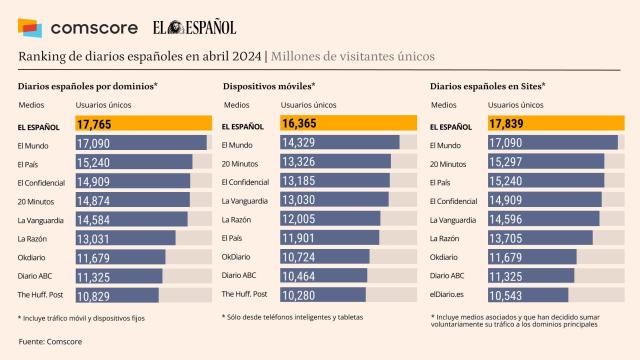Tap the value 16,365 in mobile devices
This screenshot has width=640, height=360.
point(300,125)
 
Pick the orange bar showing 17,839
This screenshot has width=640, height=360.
point(506,125)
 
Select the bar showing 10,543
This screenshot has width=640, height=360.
point(509,294)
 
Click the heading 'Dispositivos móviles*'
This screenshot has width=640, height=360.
point(269,87)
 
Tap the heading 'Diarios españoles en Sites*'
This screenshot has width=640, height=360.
point(487,87)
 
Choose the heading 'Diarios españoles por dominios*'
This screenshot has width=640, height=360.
point(88,87)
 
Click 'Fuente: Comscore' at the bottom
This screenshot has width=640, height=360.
point(51,342)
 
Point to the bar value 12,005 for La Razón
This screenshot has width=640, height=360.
point(305,219)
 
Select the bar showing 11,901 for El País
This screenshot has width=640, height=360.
point(304,238)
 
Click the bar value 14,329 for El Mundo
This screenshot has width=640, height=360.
point(305,143)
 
